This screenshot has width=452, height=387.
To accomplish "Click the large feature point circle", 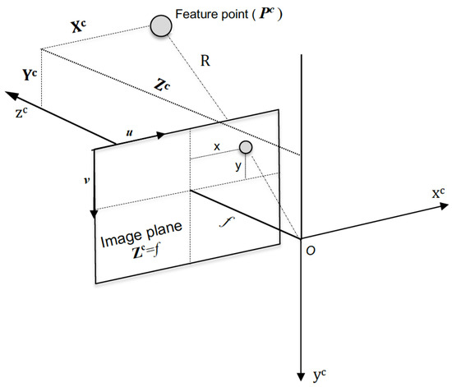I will click(160, 26).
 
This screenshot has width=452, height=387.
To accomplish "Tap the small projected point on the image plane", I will click(245, 147).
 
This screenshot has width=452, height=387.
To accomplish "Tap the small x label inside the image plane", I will click(217, 146).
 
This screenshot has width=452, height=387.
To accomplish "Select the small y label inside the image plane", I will click(238, 166).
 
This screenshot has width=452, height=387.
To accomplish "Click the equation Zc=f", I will click(140, 257).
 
